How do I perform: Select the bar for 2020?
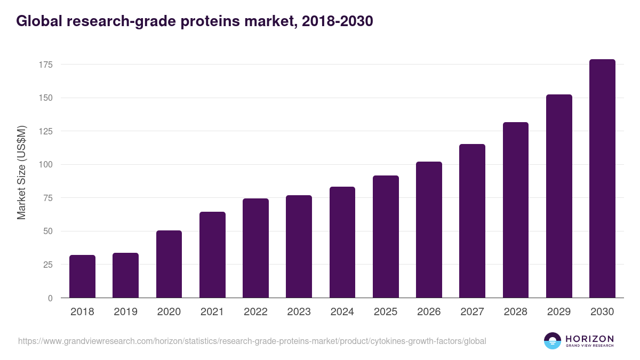[x=169, y=264]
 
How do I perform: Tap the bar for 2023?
[x=299, y=246]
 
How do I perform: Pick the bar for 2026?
[x=429, y=229]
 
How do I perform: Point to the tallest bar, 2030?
[x=602, y=179]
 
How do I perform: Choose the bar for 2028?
[x=515, y=210]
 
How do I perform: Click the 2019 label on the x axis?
[x=126, y=312]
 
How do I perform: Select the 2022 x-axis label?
[x=255, y=312]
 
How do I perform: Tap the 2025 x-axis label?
[x=386, y=312]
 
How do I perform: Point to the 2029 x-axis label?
[x=558, y=312]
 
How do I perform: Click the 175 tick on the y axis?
[x=45, y=65]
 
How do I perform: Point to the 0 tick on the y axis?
[x=50, y=298]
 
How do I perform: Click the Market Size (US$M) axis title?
[x=21, y=173]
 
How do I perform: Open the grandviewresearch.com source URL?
[x=252, y=341]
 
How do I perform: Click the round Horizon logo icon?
[x=553, y=341]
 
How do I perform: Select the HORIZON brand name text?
[x=589, y=338]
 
